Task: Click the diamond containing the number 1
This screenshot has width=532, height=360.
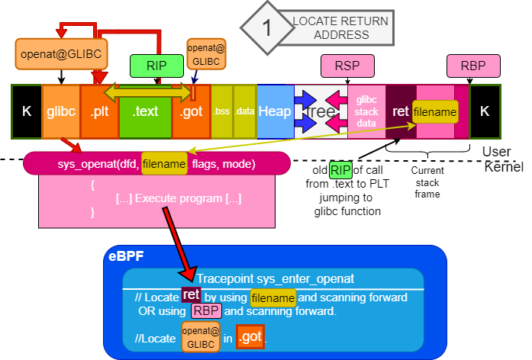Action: point(266,29)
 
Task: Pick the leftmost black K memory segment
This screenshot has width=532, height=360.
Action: point(27,111)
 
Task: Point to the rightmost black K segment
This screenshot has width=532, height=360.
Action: point(485,111)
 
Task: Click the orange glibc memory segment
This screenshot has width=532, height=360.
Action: point(60,111)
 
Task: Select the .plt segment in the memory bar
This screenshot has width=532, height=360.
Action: point(98,111)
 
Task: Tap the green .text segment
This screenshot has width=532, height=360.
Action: point(145,111)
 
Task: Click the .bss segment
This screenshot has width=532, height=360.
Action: point(221,111)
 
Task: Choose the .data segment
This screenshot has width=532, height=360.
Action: point(244,111)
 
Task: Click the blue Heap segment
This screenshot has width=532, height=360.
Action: point(275,111)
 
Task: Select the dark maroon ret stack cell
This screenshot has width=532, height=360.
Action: point(400,111)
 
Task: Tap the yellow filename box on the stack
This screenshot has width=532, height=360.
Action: point(435,112)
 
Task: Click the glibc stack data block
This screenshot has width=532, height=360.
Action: point(366,111)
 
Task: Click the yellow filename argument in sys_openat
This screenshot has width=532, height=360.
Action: point(164,164)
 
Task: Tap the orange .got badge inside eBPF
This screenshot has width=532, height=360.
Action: point(250,335)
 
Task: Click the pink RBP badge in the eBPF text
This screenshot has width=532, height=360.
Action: point(205,311)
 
